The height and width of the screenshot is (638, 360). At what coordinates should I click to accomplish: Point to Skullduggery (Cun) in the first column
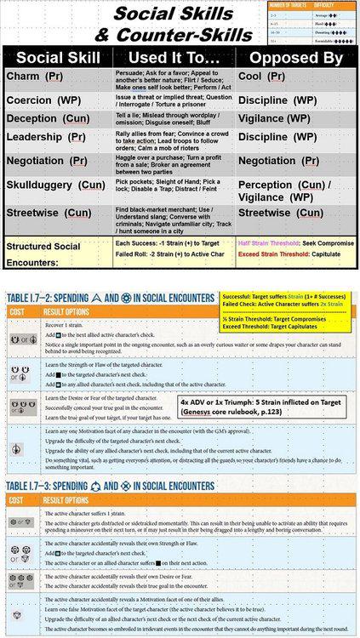tap(55, 184)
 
